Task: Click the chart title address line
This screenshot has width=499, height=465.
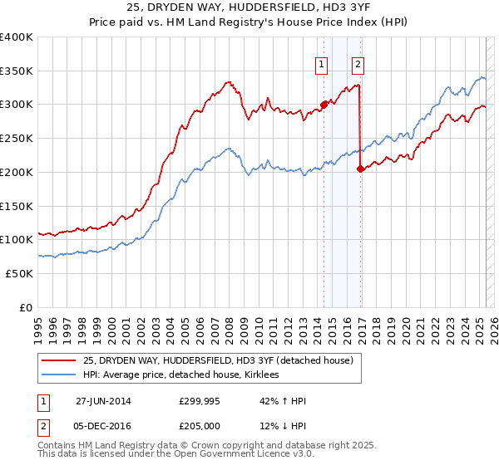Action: pos(249,7)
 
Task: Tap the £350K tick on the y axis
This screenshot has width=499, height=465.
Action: pos(17,71)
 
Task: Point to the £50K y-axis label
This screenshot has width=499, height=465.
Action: pos(19,273)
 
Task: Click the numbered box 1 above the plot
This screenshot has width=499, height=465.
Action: pos(322,63)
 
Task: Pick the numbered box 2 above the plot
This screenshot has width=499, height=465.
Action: pos(358,63)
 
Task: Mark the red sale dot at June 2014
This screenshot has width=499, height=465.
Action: pos(324,105)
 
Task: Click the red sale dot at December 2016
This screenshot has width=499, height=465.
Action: pos(360,169)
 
